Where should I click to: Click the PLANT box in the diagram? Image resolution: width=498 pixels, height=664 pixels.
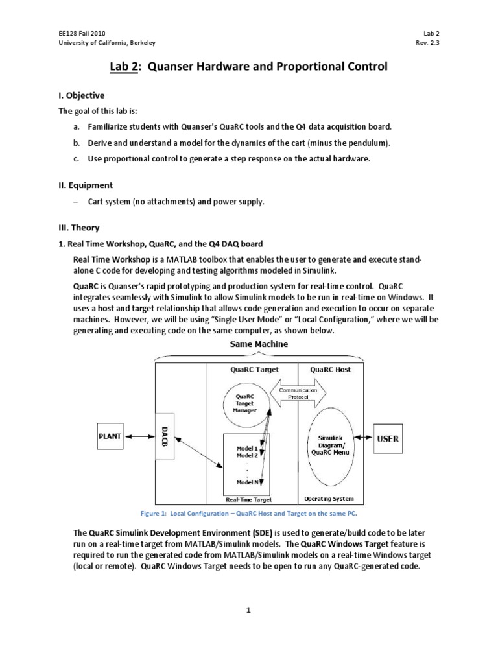tap(110, 437)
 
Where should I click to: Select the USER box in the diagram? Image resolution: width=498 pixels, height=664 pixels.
tap(388, 439)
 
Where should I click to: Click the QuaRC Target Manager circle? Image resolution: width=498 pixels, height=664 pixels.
tap(246, 401)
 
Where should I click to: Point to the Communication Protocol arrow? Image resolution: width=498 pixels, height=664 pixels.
tap(298, 394)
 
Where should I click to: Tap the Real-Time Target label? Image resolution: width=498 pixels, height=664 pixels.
tap(248, 499)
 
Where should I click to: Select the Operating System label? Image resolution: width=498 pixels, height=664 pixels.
tap(329, 499)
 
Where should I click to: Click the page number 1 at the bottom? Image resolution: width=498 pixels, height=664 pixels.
tap(248, 610)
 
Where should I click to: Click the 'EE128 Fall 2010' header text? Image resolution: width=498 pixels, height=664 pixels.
tap(78, 32)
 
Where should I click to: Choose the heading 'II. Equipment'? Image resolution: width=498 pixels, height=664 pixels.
tap(85, 185)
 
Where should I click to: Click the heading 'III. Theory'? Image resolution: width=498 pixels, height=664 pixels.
tap(79, 228)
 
